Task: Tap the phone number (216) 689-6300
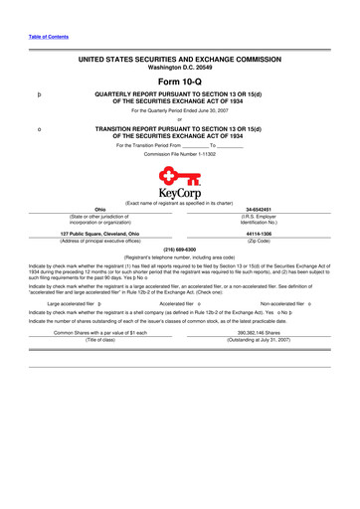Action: pyautogui.click(x=180, y=249)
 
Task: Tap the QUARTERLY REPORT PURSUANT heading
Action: pyautogui.click(x=180, y=97)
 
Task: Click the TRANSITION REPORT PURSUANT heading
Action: pyautogui.click(x=180, y=132)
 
